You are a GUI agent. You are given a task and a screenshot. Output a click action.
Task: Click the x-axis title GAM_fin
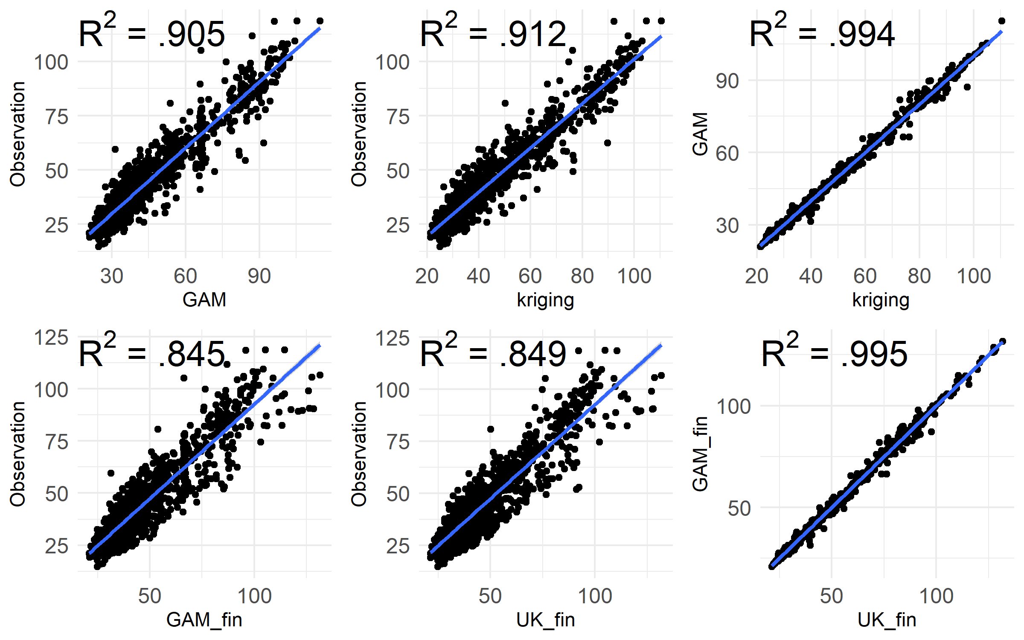204,620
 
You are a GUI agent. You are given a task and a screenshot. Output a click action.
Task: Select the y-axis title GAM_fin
700,454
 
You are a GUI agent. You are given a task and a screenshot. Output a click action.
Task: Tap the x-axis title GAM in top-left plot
204,300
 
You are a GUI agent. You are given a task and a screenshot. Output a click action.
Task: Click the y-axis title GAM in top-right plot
700,134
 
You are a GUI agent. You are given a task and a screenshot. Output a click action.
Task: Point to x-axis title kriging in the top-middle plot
545,300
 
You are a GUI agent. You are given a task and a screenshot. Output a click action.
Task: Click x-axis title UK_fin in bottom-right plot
887,620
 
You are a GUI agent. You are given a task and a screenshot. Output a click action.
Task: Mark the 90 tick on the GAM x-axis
259,276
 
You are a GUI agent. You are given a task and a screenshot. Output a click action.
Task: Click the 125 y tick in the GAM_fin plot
51,337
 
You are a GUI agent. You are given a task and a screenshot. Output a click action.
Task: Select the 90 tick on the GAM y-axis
727,81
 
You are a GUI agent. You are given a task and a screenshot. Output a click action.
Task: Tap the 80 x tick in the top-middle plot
582,276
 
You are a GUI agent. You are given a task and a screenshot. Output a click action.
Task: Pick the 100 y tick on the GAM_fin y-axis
733,406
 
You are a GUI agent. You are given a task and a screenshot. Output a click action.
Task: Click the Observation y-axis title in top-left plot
18,134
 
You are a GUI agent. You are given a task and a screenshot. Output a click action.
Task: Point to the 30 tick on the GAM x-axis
112,276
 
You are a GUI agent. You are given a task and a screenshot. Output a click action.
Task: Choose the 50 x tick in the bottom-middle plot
490,596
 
